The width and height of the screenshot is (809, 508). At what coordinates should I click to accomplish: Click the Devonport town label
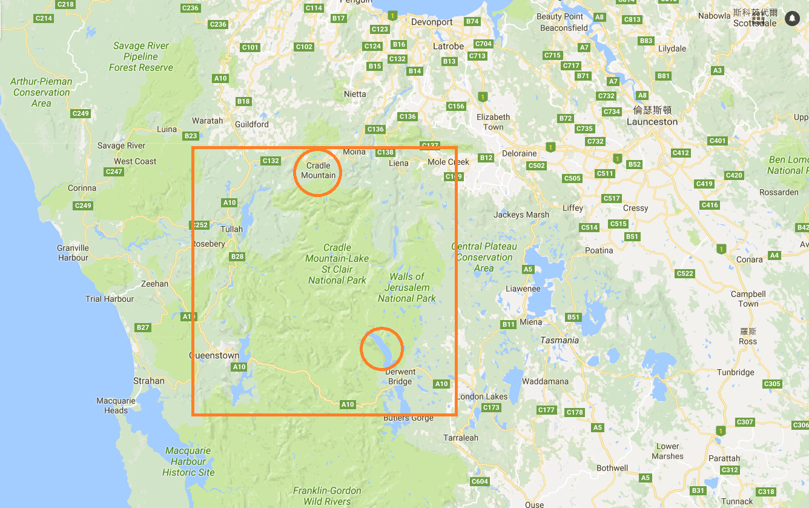coord(432,22)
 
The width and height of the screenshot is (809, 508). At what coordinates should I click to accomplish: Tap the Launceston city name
coord(652,121)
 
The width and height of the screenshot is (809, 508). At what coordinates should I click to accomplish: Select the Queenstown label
coord(215,355)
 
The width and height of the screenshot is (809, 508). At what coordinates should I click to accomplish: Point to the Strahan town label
coord(149,381)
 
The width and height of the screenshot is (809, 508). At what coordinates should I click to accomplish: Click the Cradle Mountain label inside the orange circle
coord(318,170)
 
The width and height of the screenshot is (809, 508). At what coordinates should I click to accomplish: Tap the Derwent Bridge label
coord(400,376)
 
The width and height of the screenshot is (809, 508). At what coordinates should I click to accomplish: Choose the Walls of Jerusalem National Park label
coord(407,287)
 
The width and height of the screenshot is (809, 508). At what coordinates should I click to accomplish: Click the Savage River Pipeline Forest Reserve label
coord(141,56)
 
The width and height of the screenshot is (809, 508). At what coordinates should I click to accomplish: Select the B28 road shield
coord(237,256)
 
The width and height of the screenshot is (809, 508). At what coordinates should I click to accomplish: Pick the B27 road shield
coord(142,327)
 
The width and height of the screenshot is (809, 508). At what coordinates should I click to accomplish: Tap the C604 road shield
coord(480,481)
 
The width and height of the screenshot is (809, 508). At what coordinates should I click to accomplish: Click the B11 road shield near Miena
coord(508,324)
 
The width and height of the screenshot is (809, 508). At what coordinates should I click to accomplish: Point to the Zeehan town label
coord(154,283)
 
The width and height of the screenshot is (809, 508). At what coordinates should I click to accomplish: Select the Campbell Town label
coord(748,299)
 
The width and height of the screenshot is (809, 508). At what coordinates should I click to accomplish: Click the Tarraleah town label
coord(461,437)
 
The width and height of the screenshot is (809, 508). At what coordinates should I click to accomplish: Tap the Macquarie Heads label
coord(116,406)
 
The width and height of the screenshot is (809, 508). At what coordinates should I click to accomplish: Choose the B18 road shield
coord(243,101)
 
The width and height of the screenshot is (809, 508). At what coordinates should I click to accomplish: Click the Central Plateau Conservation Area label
coord(484,257)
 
